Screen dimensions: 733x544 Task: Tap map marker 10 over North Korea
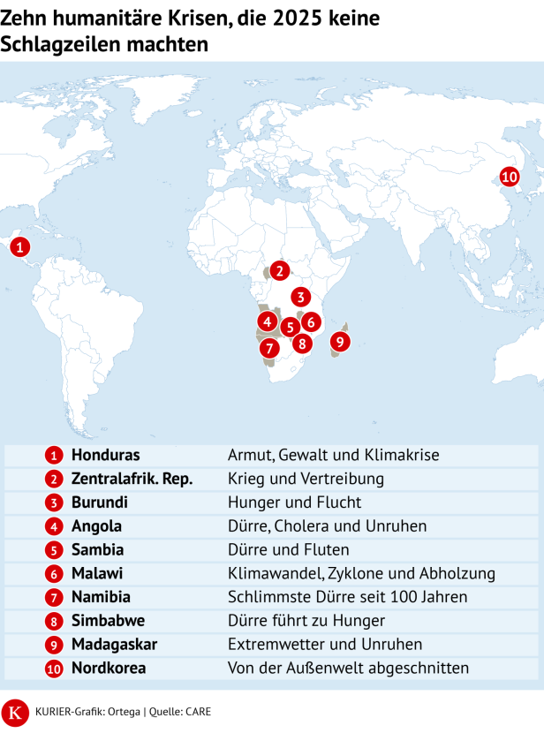click(x=509, y=177)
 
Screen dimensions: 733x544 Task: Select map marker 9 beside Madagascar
click(x=339, y=341)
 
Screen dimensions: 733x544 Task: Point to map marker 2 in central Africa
click(x=279, y=271)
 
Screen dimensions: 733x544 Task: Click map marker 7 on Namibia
click(x=268, y=347)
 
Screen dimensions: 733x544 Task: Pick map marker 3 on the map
click(x=301, y=297)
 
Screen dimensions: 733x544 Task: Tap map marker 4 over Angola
click(x=267, y=321)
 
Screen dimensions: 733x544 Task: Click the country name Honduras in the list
click(x=105, y=455)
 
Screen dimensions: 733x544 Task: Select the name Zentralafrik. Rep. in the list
click(x=132, y=479)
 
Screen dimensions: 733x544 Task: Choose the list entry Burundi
click(x=99, y=503)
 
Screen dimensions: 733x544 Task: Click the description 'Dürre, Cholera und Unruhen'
click(x=327, y=526)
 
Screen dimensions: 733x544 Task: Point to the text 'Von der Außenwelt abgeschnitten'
click(x=348, y=669)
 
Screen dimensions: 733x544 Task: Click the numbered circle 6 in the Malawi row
click(x=55, y=574)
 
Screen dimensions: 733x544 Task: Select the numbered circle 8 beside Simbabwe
click(x=55, y=622)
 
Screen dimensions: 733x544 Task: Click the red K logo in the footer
click(x=15, y=711)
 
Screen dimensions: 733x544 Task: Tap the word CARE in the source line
click(x=197, y=711)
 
